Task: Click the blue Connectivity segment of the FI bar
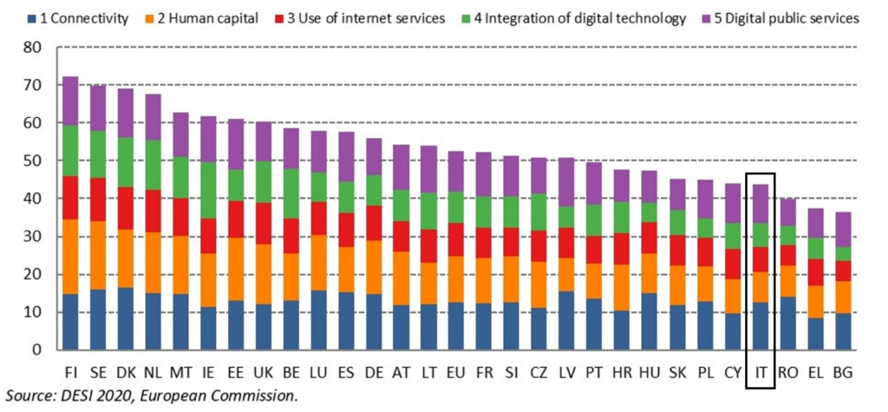(x=70, y=321)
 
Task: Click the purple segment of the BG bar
(x=843, y=230)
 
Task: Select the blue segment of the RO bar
(x=787, y=323)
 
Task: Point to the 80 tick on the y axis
(x=32, y=48)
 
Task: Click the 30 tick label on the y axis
(x=32, y=236)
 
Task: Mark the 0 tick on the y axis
(x=37, y=350)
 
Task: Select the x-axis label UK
(x=264, y=374)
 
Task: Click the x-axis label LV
(x=565, y=374)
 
